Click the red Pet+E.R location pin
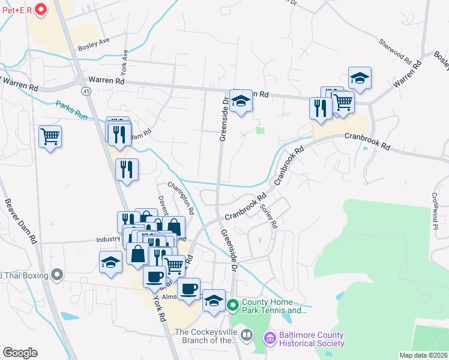click(41, 9)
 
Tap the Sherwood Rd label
click(394, 53)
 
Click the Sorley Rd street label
click(269, 216)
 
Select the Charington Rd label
click(181, 199)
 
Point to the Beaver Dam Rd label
click(21, 221)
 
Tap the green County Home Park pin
click(234, 306)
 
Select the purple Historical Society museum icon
click(270, 339)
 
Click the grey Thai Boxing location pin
click(57, 275)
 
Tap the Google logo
click(20, 353)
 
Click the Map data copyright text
click(423, 355)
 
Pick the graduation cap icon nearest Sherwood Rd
click(360, 78)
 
